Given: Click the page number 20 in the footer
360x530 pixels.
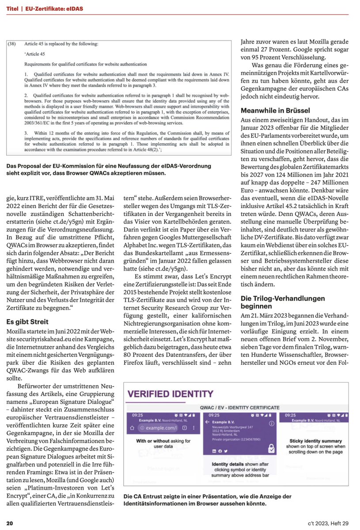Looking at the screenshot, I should point(9,523).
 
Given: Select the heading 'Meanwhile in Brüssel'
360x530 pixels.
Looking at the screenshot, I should point(275,110).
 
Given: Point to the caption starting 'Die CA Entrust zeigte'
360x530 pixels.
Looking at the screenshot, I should point(208,500).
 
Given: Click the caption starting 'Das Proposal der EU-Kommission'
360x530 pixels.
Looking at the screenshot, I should point(109,169).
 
